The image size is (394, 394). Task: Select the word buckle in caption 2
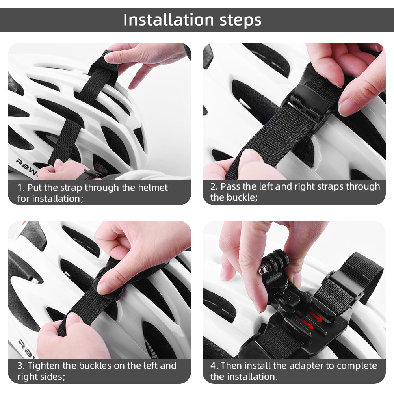click(x=242, y=197)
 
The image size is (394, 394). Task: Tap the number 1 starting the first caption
click(x=19, y=188)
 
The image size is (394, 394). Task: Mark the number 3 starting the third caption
click(x=20, y=366)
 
